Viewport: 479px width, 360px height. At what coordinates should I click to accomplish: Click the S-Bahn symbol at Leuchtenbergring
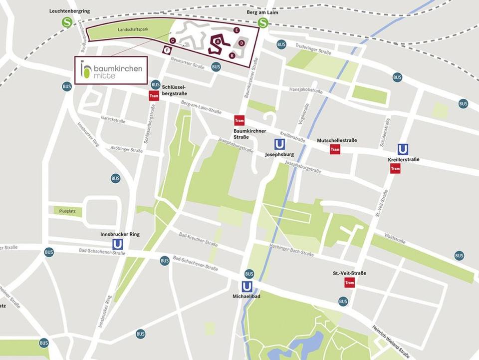pyautogui.click(x=67, y=21)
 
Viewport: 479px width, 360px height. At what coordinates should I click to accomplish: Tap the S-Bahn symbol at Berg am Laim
pyautogui.click(x=263, y=22)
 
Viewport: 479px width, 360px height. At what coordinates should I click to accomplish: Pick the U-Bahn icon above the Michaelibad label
pyautogui.click(x=246, y=286)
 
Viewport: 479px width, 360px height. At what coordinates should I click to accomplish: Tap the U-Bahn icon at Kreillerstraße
pyautogui.click(x=402, y=149)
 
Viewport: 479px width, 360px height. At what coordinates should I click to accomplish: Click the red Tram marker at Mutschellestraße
pyautogui.click(x=335, y=149)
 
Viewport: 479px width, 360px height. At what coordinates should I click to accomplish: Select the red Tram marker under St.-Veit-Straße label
pyautogui.click(x=349, y=283)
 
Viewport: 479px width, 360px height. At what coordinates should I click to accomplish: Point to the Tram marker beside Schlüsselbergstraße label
pyautogui.click(x=154, y=96)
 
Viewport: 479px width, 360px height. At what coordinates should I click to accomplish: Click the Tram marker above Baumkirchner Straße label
pyautogui.click(x=239, y=120)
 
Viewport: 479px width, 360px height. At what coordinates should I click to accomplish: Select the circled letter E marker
pyautogui.click(x=237, y=30)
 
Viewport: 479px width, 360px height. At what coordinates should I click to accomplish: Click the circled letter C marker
pyautogui.click(x=172, y=40)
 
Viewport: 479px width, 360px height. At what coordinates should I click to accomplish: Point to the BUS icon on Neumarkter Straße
pyautogui.click(x=216, y=66)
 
